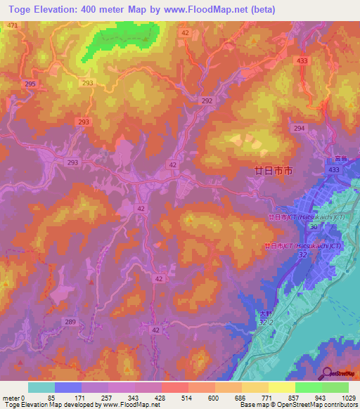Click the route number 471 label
coord(12,25)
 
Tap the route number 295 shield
coord(30,84)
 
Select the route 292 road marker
coord(207,101)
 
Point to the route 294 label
coord(299,128)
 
